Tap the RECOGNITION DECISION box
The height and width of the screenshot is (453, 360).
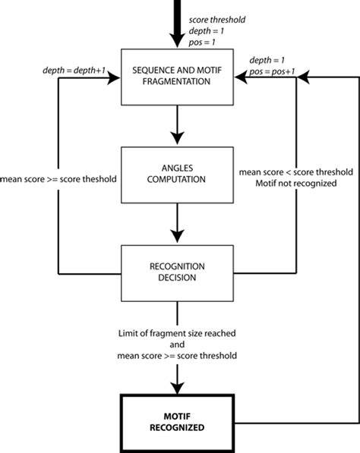[176, 272]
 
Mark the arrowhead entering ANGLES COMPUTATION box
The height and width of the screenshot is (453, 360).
[177, 138]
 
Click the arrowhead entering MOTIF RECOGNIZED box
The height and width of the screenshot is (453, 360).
[177, 382]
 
